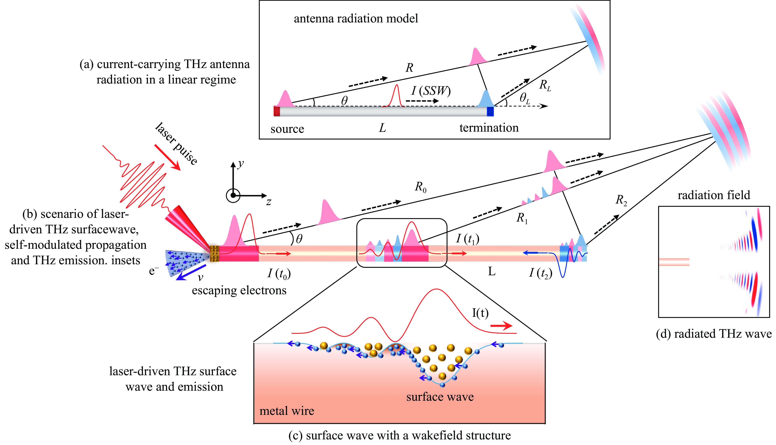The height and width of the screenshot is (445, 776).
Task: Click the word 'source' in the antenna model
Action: (x=287, y=129)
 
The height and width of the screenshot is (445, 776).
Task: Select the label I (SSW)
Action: (x=431, y=91)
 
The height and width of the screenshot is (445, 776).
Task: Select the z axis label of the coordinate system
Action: (x=269, y=202)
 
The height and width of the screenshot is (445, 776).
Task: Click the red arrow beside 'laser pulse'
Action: (x=167, y=157)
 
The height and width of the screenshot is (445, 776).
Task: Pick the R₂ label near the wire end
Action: (x=621, y=200)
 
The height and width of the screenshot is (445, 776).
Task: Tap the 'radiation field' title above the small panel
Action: (x=714, y=195)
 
